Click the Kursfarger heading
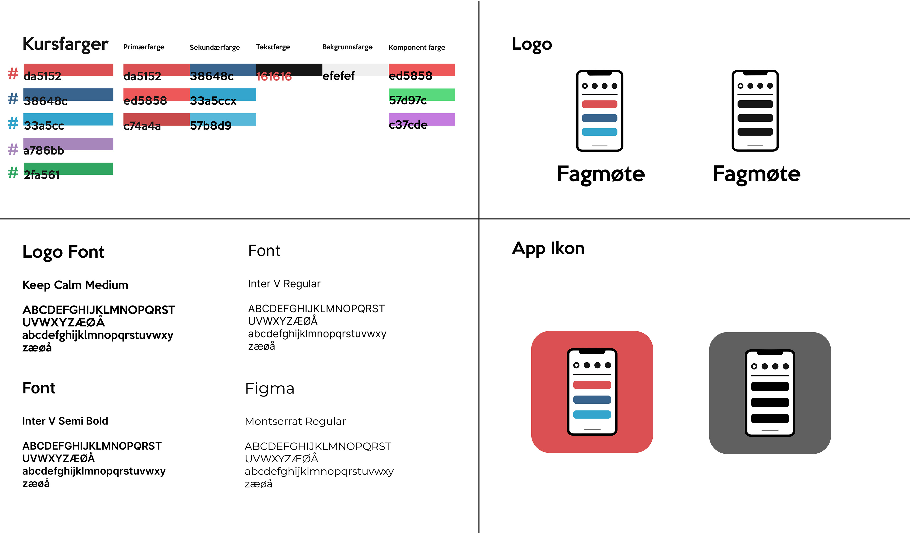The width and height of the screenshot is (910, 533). click(x=65, y=44)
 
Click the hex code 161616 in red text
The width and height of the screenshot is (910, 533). click(x=274, y=77)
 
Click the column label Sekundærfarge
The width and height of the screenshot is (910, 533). click(x=214, y=47)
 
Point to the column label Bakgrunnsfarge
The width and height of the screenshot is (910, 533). click(x=347, y=47)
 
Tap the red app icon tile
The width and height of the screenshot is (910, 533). click(x=592, y=392)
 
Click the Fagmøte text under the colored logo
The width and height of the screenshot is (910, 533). click(x=601, y=174)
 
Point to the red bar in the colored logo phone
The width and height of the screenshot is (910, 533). click(x=600, y=104)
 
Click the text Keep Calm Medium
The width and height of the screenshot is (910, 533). click(x=75, y=285)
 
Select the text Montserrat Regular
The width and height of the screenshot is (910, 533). click(x=295, y=421)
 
